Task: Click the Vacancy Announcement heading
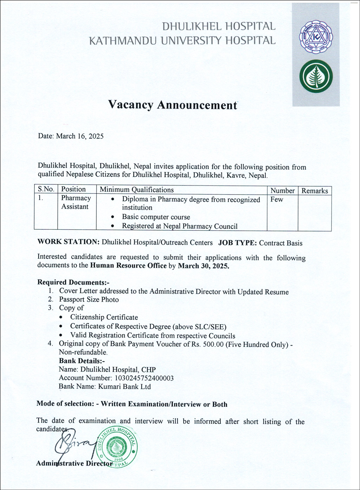173,105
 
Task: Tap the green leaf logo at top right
316,76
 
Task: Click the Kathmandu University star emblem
316,37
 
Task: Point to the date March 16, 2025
80,136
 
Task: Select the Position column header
73,190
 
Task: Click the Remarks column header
315,191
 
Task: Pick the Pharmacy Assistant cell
76,202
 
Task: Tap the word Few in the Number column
277,200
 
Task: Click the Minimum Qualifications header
136,190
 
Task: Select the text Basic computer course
156,217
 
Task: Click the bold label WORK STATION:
69,242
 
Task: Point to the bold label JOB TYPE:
237,243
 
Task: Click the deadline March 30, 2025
203,266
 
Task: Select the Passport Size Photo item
89,300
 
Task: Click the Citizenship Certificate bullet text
104,317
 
